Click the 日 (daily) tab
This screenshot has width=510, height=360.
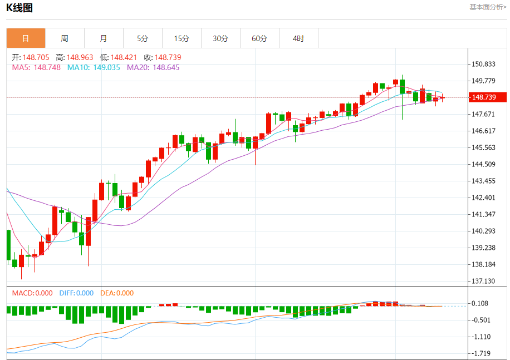26,38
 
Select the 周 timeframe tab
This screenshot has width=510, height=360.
65,38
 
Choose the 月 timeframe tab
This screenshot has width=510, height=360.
104,38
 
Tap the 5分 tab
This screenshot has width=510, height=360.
143,38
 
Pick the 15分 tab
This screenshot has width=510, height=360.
182,38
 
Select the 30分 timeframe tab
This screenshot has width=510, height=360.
220,38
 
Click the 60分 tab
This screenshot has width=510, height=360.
259,38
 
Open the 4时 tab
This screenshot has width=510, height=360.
298,38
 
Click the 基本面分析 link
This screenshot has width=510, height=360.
488,7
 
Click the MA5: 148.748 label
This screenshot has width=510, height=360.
36,67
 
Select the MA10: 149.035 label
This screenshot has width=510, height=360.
94,67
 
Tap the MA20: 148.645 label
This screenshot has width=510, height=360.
153,67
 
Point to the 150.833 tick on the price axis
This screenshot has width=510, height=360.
483,65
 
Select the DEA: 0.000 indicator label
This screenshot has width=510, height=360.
117,293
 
